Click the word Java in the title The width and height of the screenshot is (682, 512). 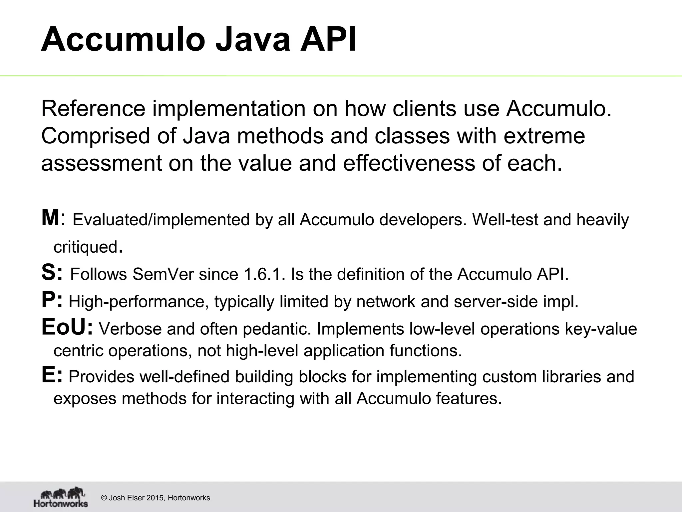click(253, 40)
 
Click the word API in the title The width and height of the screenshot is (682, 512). click(328, 40)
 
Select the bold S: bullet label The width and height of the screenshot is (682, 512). click(52, 272)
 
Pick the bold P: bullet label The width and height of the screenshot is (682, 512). click(52, 300)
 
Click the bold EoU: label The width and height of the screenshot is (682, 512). click(67, 327)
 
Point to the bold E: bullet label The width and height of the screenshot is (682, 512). click(52, 375)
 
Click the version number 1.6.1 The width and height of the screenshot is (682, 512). click(265, 274)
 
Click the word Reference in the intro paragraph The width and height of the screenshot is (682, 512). click(93, 109)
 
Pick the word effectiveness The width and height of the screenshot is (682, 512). click(409, 163)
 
